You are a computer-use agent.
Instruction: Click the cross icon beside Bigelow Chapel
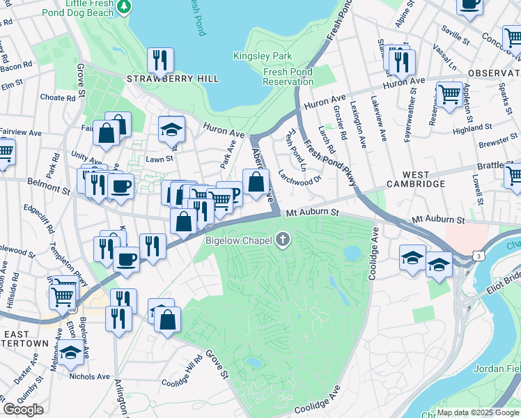coord(283,241)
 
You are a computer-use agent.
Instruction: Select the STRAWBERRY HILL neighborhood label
coord(172,79)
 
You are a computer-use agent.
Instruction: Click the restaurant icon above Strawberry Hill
coord(160,60)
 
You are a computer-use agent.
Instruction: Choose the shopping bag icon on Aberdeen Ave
coord(256,182)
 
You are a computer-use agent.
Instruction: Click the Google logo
coord(24,410)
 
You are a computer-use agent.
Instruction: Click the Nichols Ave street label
coord(89,377)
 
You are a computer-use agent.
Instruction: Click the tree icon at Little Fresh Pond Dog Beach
coord(124,6)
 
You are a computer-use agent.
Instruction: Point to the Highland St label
coord(472,130)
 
